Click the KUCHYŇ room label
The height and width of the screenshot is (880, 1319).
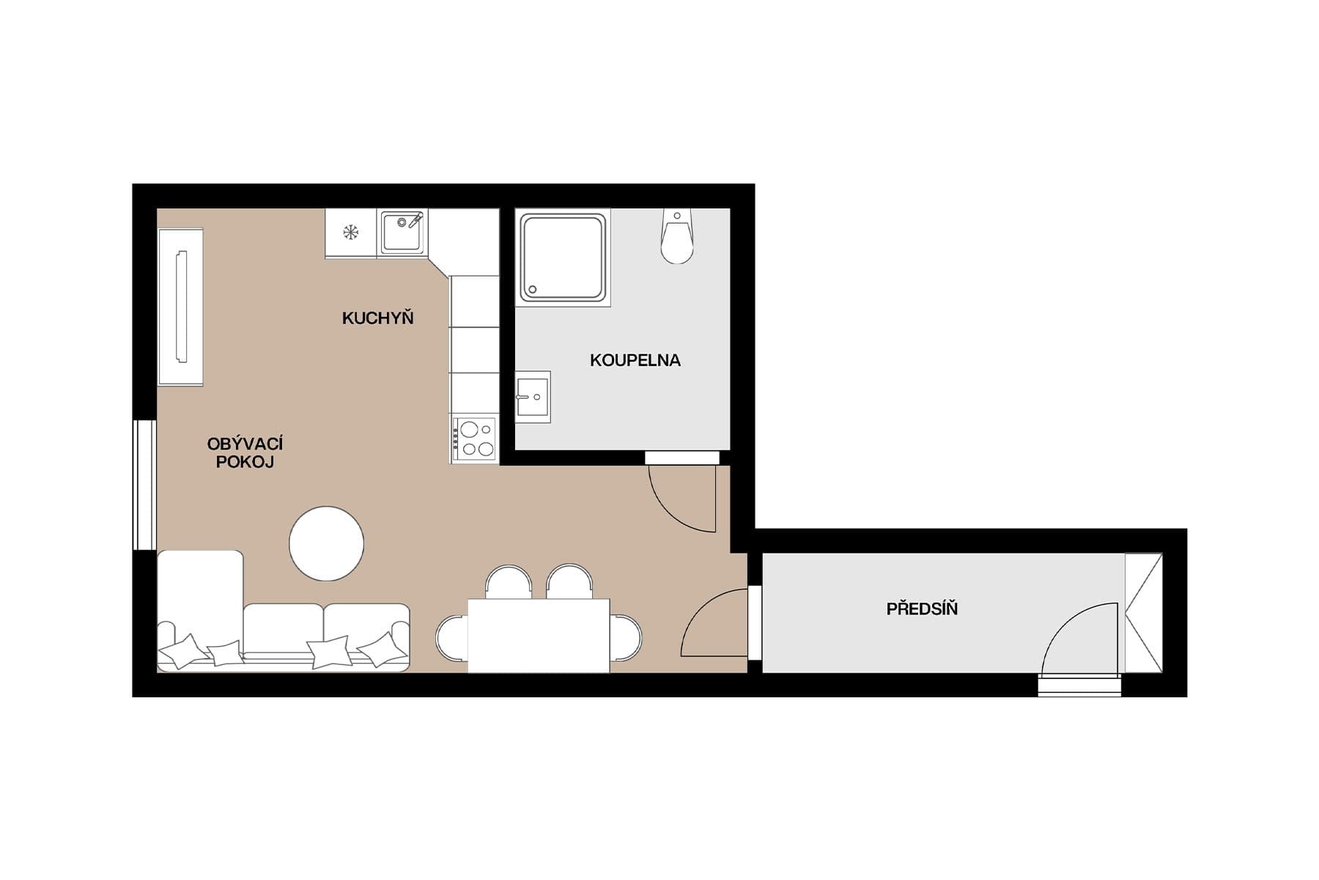(377, 318)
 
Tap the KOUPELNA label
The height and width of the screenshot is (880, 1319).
(635, 360)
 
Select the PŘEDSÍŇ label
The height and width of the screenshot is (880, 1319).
(922, 609)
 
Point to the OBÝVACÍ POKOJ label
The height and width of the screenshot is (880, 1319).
(245, 452)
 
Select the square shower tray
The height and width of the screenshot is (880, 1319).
(563, 257)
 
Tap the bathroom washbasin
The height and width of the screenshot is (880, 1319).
(533, 397)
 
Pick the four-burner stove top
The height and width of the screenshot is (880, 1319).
(474, 439)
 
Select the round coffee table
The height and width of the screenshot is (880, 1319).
(326, 543)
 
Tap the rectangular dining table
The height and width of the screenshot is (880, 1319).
(539, 635)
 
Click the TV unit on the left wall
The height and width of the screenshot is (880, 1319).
(181, 307)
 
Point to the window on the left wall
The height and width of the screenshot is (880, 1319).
(144, 485)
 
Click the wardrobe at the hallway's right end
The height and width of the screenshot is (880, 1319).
(1143, 613)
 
